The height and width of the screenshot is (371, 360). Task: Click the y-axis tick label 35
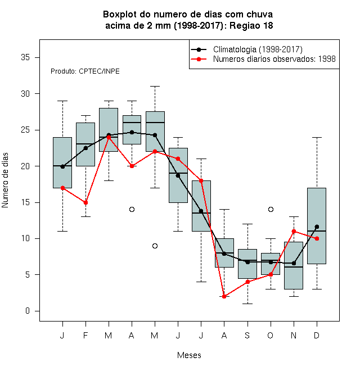click(x=25, y=57)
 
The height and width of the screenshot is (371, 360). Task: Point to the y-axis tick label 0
click(x=28, y=311)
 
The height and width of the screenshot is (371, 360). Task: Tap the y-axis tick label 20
click(x=25, y=166)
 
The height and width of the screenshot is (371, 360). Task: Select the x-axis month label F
click(x=85, y=335)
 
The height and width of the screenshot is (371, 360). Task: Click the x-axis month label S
click(x=247, y=335)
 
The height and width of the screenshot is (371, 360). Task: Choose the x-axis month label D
click(x=317, y=335)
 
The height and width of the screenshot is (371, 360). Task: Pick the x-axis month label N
click(x=294, y=335)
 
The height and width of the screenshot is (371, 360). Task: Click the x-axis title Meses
click(x=189, y=355)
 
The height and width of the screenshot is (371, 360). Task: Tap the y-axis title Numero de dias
click(x=5, y=180)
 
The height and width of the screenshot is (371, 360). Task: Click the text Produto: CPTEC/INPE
click(x=85, y=71)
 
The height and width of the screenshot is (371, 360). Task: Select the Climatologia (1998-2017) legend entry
click(x=246, y=49)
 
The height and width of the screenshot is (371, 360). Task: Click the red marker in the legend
click(x=199, y=59)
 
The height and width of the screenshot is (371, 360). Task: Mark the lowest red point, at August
click(x=224, y=296)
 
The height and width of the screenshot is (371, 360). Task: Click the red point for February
click(x=85, y=202)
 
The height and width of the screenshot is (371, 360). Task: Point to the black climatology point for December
click(x=317, y=227)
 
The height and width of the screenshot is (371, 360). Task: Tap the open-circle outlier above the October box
click(x=271, y=209)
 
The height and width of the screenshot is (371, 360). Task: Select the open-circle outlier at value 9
click(x=155, y=246)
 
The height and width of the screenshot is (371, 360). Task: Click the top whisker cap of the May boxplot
click(x=155, y=87)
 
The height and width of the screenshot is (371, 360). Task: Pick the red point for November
click(x=294, y=231)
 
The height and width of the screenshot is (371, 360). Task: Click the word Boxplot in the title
click(x=120, y=15)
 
